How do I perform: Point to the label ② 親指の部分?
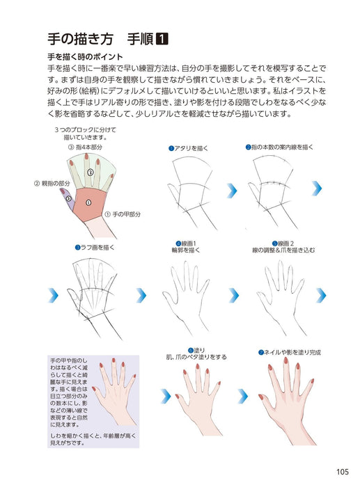tap(52, 184)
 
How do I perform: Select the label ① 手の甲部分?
tap(123, 215)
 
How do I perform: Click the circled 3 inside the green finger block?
tap(91, 172)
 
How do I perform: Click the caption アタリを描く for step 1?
tap(191, 148)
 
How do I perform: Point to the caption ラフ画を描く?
tap(96, 247)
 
